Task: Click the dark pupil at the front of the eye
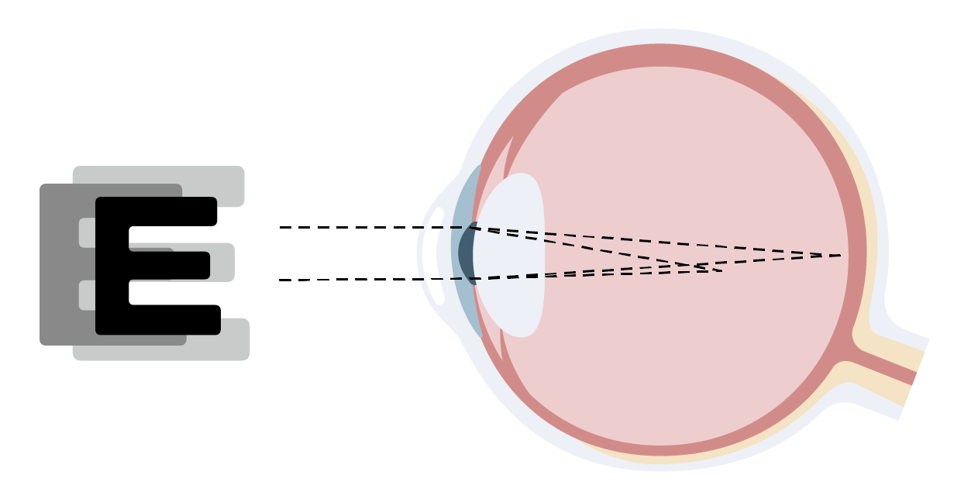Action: [465, 253]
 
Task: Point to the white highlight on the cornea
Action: [437, 256]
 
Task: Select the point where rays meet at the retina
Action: [842, 255]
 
